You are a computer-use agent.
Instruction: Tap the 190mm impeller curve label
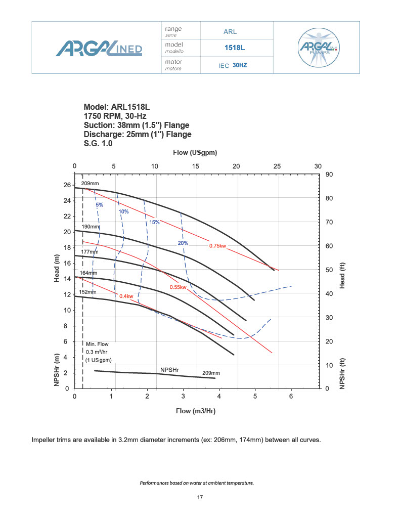click(x=91, y=227)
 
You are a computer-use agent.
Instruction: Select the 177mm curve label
click(x=90, y=251)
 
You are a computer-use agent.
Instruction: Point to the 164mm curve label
click(x=88, y=273)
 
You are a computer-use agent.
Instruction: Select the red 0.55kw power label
click(x=178, y=287)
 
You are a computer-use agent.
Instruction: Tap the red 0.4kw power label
click(x=126, y=296)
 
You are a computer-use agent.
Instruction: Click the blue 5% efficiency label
click(x=99, y=205)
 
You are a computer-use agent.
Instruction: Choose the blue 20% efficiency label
click(x=183, y=243)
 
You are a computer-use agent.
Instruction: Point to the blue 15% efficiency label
click(x=154, y=222)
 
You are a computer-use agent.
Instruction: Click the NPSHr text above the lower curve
click(x=169, y=370)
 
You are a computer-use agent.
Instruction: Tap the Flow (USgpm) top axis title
click(x=195, y=152)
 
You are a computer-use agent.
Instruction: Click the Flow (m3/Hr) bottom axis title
click(x=196, y=411)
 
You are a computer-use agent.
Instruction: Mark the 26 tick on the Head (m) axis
click(x=67, y=185)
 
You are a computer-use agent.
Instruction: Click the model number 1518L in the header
click(x=235, y=48)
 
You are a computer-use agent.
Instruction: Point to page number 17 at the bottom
click(x=200, y=498)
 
